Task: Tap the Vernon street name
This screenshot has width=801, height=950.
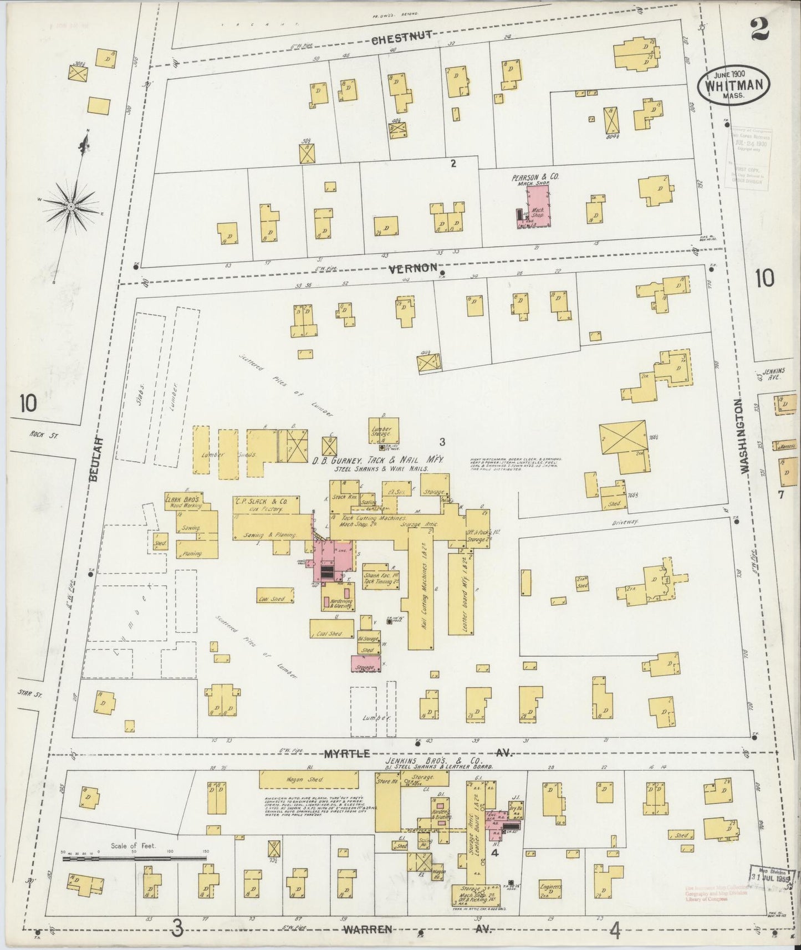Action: pos(413,268)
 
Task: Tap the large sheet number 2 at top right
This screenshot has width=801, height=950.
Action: pos(759,29)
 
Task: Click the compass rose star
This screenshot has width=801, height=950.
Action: pos(71,207)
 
